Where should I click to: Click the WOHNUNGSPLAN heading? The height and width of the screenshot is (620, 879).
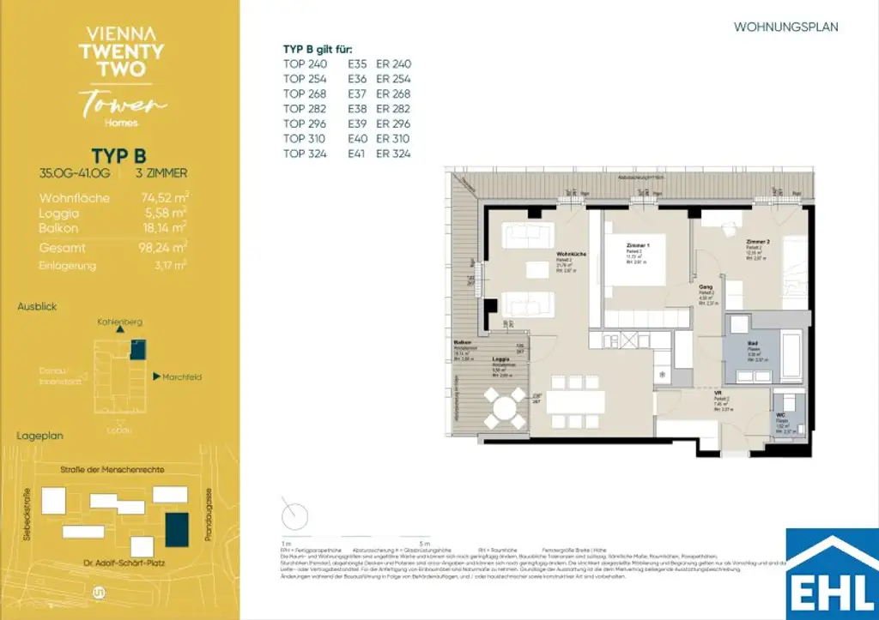pyautogui.click(x=785, y=27)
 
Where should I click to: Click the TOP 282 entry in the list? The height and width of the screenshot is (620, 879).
pyautogui.click(x=305, y=109)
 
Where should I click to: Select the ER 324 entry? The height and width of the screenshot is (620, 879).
pyautogui.click(x=394, y=153)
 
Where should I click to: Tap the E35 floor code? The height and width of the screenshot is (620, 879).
pyautogui.click(x=357, y=64)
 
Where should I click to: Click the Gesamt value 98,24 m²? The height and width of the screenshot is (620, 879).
pyautogui.click(x=164, y=248)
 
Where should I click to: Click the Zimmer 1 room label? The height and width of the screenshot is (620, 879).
pyautogui.click(x=638, y=245)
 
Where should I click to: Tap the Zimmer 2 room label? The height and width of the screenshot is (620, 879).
pyautogui.click(x=757, y=243)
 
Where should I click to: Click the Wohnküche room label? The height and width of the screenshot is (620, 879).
pyautogui.click(x=571, y=255)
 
